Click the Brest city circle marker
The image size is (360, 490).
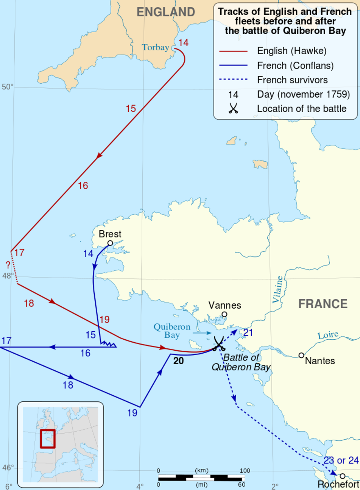tap(110, 243)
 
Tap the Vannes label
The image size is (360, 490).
tap(225, 305)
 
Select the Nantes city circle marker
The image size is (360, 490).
tap(301, 355)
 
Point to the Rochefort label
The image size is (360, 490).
tap(338, 484)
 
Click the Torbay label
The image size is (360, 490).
tap(155, 47)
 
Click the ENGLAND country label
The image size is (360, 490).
tap(165, 12)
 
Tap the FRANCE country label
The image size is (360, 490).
tap(323, 304)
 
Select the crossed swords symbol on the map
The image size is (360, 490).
tap(219, 343)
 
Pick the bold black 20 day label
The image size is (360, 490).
tap(179, 361)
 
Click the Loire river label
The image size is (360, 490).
tap(328, 336)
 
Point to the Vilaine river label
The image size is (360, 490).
tap(278, 290)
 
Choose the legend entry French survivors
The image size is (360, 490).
tap(292, 80)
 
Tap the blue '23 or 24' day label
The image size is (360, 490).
tap(341, 461)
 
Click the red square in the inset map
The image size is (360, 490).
tap(47, 439)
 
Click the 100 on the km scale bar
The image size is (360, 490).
tap(245, 470)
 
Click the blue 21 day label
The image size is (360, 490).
tap(248, 332)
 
